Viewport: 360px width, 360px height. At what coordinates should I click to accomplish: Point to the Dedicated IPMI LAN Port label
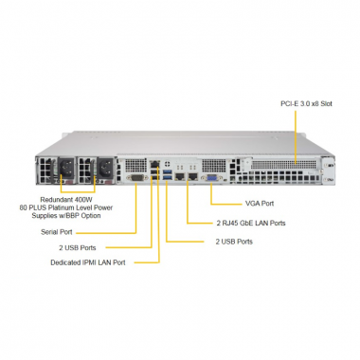[x=88, y=261]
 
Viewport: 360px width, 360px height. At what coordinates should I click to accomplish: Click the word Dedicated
[x=66, y=261]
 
